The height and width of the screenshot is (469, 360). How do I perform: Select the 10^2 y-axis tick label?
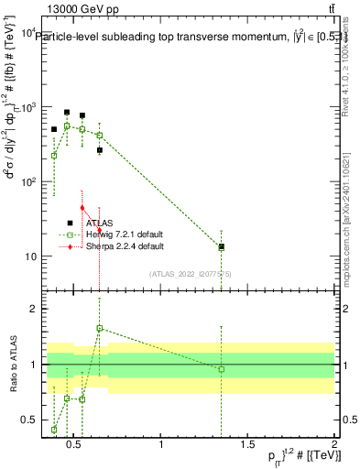click(29, 182)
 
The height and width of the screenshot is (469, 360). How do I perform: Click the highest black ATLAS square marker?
click(67, 113)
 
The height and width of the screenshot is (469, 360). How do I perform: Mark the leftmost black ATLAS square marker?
click(54, 130)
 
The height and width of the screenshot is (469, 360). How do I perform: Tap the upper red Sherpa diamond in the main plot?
click(82, 208)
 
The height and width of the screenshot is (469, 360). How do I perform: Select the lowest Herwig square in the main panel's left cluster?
click(54, 156)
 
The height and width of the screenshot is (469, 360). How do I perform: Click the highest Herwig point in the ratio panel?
click(100, 328)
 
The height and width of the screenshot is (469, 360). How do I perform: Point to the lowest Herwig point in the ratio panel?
click(54, 430)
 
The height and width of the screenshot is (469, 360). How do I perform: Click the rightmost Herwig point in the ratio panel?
click(222, 369)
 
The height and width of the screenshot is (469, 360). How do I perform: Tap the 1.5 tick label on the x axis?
click(247, 445)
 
